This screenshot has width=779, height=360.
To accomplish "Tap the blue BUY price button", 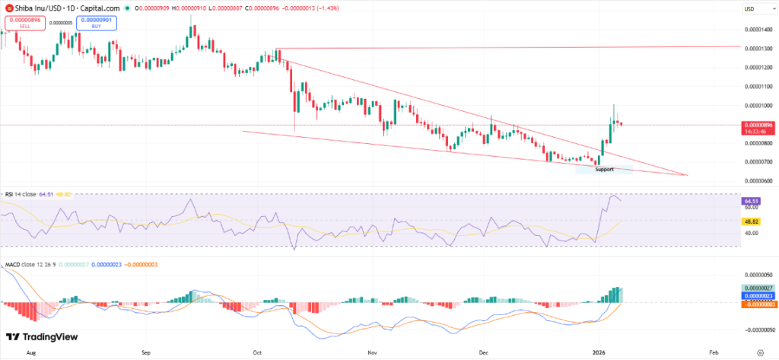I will (96, 23).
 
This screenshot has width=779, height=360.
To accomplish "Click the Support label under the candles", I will (604, 169).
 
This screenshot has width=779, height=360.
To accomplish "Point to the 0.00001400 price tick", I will (757, 28).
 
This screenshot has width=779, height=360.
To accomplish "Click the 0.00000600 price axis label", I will (757, 180).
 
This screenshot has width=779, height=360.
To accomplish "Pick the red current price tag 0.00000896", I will (757, 124).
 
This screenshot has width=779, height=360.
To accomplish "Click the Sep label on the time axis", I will (147, 352).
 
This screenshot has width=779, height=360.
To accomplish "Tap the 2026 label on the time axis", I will (598, 352).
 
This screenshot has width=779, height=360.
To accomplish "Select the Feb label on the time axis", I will (713, 352).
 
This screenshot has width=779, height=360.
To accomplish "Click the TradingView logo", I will (37, 337).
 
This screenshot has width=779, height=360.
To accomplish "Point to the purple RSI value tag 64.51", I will (750, 201).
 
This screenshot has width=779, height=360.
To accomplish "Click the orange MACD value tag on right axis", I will (757, 304).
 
